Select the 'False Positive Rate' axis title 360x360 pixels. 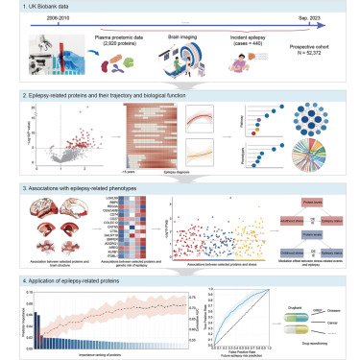[254, 351]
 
